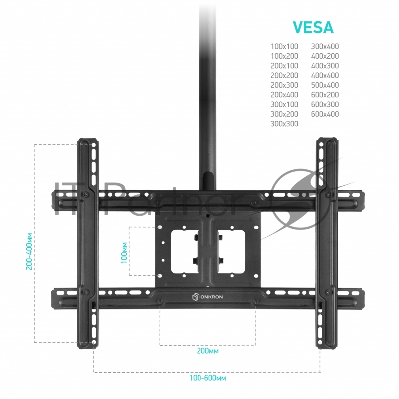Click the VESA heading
click(x=312, y=28)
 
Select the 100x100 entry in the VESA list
click(x=284, y=47)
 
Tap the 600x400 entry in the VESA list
click(x=325, y=114)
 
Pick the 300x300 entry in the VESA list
click(x=284, y=124)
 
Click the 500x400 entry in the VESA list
click(x=325, y=85)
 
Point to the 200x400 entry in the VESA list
click(x=284, y=95)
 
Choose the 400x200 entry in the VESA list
click(x=325, y=56)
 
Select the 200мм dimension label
click(x=207, y=351)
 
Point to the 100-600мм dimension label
click(x=207, y=378)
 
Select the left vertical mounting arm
click(x=89, y=244)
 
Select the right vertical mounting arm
click(x=327, y=244)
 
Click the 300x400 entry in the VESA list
click(x=325, y=47)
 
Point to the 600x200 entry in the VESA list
click(x=325, y=95)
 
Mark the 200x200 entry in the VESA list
click(x=284, y=76)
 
